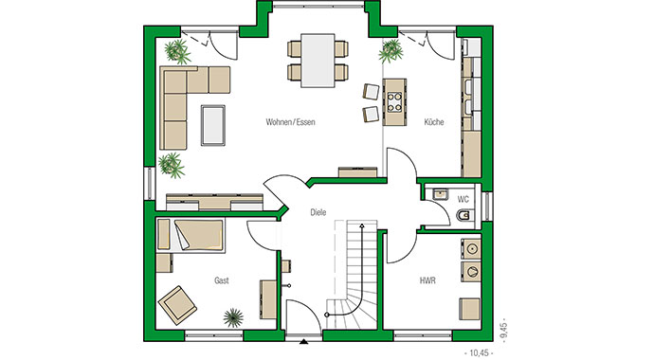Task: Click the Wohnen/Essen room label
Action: [x=290, y=123]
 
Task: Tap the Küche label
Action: [x=434, y=122]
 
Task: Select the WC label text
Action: [x=463, y=199]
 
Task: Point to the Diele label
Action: [x=318, y=212]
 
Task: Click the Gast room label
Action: [x=222, y=280]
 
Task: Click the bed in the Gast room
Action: [x=194, y=235]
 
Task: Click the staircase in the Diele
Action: [x=352, y=275]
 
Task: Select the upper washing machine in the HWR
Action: [x=472, y=249]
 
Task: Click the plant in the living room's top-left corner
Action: [x=174, y=50]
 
